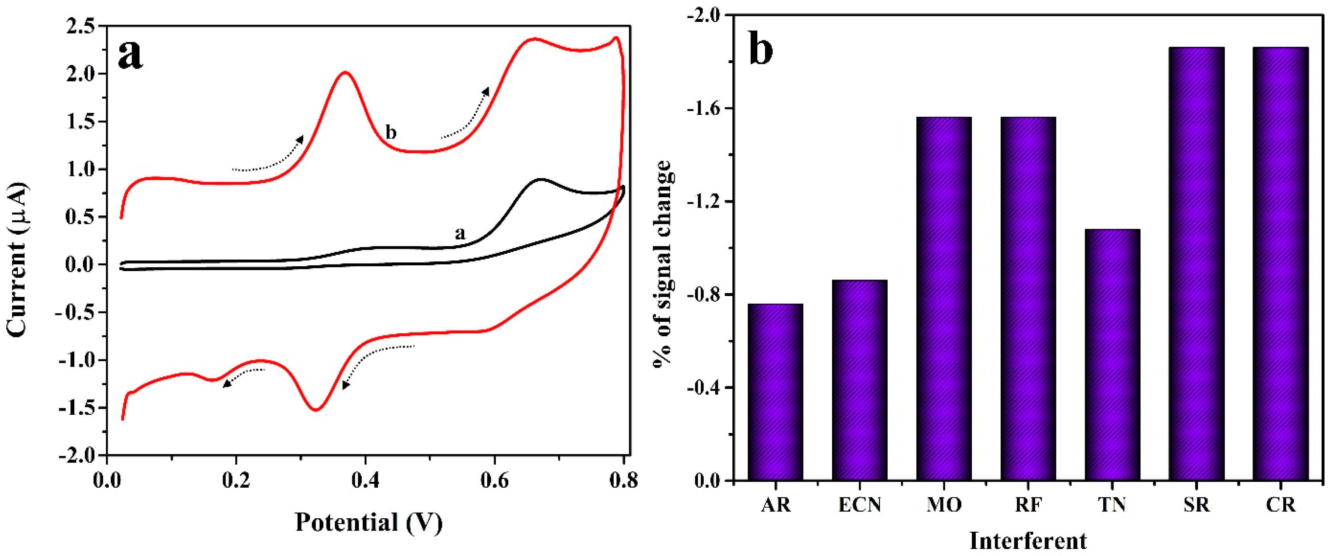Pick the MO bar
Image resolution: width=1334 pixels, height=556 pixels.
click(x=944, y=299)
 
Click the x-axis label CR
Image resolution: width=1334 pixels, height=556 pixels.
click(x=1281, y=504)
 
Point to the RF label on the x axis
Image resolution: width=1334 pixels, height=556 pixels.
click(x=1028, y=504)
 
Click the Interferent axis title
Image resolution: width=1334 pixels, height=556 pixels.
click(x=1028, y=540)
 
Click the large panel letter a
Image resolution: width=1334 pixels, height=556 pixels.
click(x=130, y=54)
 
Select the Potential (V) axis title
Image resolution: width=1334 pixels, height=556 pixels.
click(x=369, y=522)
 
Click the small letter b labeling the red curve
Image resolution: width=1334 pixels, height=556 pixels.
click(x=391, y=132)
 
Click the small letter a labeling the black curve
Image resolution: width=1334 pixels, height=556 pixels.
click(x=460, y=234)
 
